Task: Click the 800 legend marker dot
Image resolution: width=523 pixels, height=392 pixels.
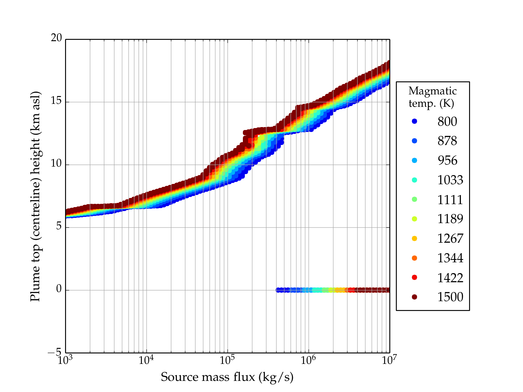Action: (x=414, y=121)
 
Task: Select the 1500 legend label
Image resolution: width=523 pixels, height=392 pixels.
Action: (x=450, y=297)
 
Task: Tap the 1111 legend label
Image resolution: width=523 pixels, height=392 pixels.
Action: (x=450, y=199)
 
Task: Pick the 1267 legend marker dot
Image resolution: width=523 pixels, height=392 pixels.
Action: (x=414, y=238)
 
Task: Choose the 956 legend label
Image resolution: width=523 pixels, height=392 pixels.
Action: (x=447, y=160)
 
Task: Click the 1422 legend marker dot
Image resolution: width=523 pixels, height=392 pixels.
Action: (x=414, y=277)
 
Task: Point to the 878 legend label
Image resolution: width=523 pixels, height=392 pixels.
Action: (x=447, y=141)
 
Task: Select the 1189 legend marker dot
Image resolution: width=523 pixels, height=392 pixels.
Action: (x=414, y=219)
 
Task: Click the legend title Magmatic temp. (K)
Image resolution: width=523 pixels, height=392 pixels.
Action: (x=432, y=97)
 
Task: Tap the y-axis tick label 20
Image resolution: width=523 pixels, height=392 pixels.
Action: (x=56, y=38)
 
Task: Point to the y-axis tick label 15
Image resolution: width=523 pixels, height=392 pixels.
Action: (x=56, y=101)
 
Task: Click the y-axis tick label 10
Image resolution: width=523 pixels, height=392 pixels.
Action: (x=56, y=164)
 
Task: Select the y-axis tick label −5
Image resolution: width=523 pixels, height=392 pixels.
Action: (x=55, y=352)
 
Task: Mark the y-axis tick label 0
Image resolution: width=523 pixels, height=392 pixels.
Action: (x=59, y=289)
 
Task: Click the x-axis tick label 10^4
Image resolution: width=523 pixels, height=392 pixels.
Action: (x=146, y=360)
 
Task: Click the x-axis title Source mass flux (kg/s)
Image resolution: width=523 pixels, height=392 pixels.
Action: (x=227, y=377)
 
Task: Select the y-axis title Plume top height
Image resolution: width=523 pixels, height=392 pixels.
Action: (x=35, y=196)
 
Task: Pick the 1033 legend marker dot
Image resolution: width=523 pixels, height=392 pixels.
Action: (x=414, y=180)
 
